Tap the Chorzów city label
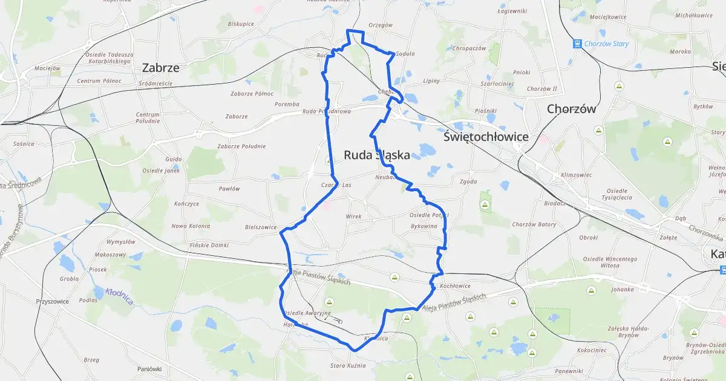(x=571, y=109)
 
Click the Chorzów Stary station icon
(x=577, y=44)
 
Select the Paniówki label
(x=149, y=369)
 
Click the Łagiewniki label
(x=512, y=11)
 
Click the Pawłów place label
(x=229, y=189)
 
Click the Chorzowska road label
(x=705, y=230)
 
